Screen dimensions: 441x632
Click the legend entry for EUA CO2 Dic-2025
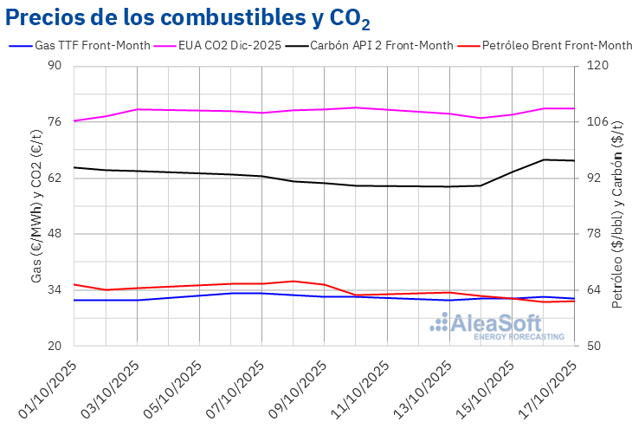[x=229, y=45]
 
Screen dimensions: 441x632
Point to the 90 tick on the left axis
[x=55, y=66]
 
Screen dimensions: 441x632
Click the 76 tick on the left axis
[x=55, y=122]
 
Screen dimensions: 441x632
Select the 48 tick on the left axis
[x=55, y=234]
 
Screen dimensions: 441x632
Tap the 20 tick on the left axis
[x=55, y=346]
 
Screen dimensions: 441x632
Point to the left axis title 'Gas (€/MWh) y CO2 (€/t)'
[x=35, y=206]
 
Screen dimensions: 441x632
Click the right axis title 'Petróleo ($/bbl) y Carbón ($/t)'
[x=617, y=206]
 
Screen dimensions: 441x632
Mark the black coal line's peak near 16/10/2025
[x=544, y=159]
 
